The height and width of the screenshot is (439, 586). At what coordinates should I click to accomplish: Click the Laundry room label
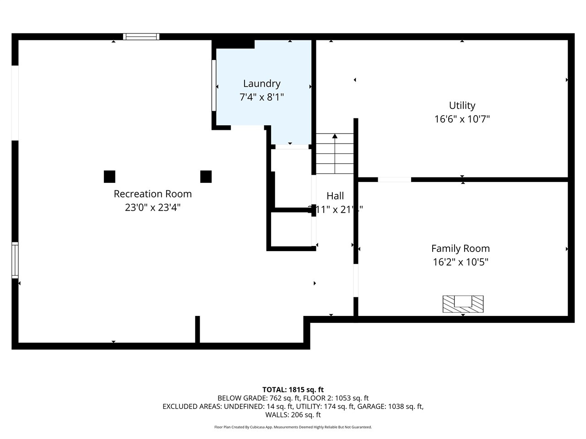click(x=261, y=84)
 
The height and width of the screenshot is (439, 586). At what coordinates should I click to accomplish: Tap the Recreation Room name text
click(x=152, y=194)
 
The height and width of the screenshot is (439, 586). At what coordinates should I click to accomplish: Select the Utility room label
click(x=462, y=106)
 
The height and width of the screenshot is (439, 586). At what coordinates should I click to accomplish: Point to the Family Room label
click(x=460, y=249)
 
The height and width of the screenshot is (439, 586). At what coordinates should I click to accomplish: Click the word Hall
click(x=335, y=196)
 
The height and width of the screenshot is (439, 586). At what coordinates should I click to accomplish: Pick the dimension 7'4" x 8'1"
click(x=261, y=97)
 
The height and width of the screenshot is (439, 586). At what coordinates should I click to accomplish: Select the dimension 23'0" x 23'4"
click(x=152, y=208)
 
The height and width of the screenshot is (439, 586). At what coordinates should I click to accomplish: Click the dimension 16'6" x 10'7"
click(x=462, y=119)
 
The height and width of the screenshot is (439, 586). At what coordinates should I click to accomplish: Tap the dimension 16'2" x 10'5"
click(x=460, y=262)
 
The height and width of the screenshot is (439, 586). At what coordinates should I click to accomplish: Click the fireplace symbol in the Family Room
click(x=463, y=304)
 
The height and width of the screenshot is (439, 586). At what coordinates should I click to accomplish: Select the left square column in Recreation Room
click(x=109, y=177)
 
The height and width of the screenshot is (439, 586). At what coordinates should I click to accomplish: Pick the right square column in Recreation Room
click(x=206, y=177)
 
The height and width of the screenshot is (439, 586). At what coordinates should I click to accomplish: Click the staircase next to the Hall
click(x=335, y=154)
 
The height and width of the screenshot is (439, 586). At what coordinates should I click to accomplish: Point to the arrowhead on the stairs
click(x=335, y=136)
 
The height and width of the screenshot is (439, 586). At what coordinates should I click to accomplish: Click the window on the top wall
click(x=141, y=37)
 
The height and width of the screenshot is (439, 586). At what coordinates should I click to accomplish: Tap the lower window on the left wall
click(x=15, y=260)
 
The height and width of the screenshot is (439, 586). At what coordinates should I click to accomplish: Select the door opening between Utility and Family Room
click(x=394, y=180)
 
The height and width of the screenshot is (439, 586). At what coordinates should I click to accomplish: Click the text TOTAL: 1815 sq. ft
click(x=293, y=390)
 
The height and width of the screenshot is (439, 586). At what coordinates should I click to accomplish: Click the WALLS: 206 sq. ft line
click(x=293, y=415)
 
